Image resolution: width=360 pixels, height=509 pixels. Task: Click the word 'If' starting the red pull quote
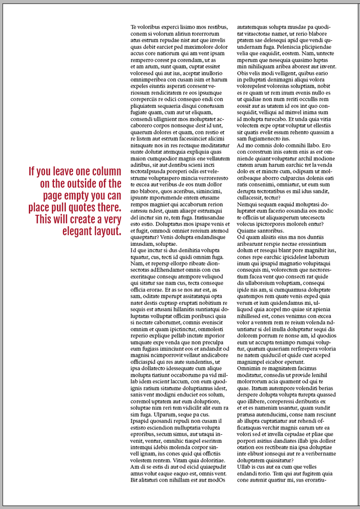tap(32, 171)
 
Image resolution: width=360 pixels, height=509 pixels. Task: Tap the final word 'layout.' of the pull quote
tap(108, 232)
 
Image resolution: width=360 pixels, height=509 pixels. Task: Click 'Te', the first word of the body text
tap(134, 27)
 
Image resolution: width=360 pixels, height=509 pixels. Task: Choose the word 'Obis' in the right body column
tap(244, 73)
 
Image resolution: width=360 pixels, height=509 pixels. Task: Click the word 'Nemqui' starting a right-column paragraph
tap(248, 204)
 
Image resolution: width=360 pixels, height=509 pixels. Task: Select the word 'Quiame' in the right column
tap(247, 231)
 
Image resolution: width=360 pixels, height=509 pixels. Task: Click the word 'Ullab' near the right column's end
tap(246, 467)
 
